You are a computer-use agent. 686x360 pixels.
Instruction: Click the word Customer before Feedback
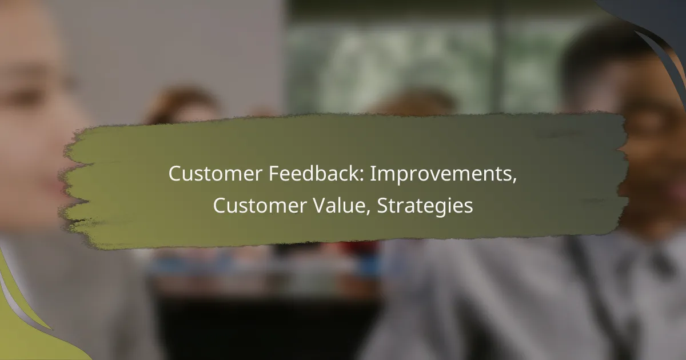(216, 174)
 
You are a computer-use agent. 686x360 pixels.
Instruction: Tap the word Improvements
(441, 174)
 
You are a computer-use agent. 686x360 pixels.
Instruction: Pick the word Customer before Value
(260, 205)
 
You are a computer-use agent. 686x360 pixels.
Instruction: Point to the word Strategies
(425, 206)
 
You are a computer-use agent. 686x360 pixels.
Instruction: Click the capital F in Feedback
(274, 174)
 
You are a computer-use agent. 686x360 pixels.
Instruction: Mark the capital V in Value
(320, 206)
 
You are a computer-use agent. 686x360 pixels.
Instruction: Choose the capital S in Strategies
(382, 206)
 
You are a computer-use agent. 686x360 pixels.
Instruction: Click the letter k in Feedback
(354, 174)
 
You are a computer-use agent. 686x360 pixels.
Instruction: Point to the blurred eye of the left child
(27, 97)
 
